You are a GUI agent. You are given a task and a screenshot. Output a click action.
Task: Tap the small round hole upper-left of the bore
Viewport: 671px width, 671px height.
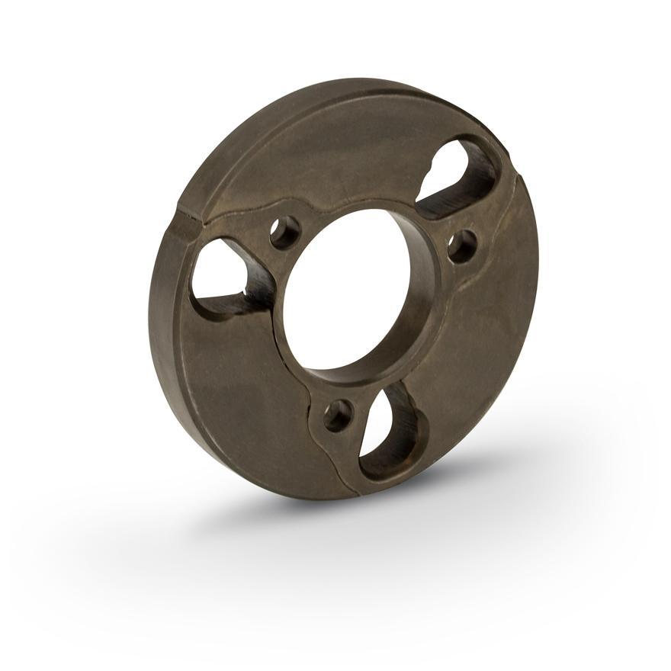click(x=284, y=232)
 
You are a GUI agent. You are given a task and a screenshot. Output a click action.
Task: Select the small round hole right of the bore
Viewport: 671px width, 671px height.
click(x=462, y=246)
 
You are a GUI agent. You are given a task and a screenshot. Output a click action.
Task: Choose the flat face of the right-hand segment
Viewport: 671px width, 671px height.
click(x=488, y=320)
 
